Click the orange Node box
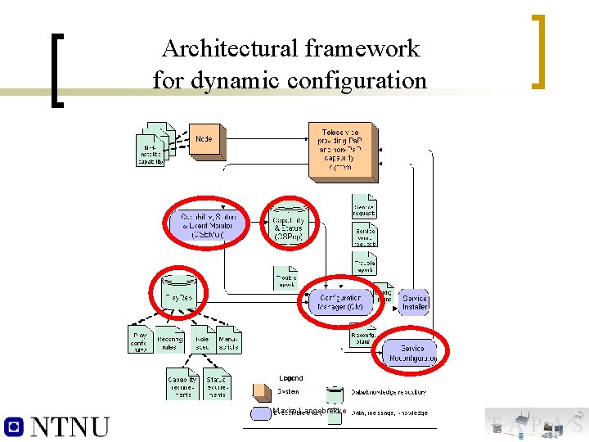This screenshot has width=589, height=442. point(204,139)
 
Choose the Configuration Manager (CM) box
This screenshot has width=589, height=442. point(339,302)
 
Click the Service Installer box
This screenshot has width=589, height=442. point(414,303)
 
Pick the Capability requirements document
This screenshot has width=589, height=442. point(182,384)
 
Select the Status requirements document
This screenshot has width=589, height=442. point(216,384)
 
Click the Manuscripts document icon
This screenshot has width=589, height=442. point(228,341)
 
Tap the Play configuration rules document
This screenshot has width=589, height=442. point(140,341)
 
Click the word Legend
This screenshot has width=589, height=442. point(291,378)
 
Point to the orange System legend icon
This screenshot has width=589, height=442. point(263,393)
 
